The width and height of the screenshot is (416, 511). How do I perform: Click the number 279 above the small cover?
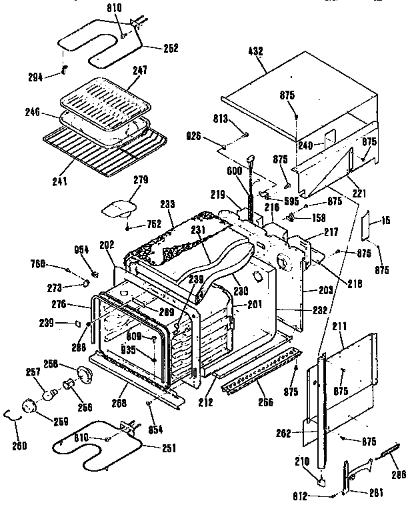pos(141,179)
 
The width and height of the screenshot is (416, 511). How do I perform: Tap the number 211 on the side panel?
pos(340,327)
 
